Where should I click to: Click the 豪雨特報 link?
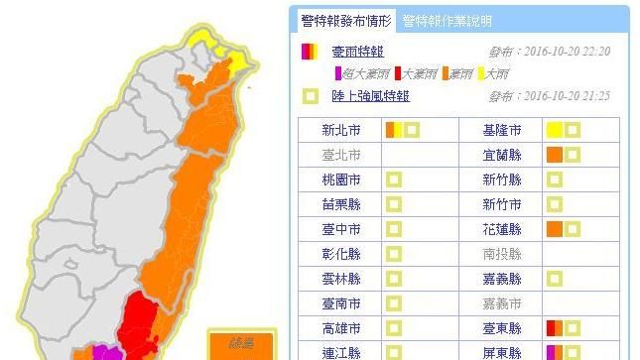(358, 51)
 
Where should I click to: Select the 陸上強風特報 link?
(372, 96)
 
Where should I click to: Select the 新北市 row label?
(342, 130)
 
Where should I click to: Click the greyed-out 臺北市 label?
(342, 155)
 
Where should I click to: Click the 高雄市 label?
(342, 327)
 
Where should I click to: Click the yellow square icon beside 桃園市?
(394, 180)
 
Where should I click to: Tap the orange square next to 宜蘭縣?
(554, 155)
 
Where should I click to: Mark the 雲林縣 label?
(342, 279)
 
